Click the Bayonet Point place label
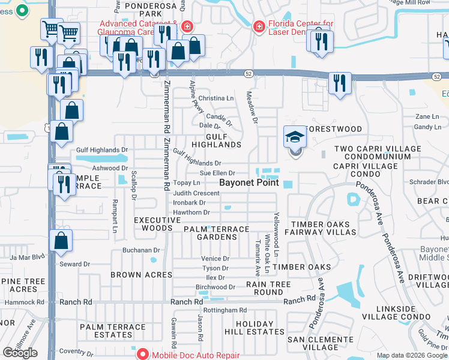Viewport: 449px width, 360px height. point(249,182)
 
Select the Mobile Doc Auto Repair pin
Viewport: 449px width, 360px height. point(142,354)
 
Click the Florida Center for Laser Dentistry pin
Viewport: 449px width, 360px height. point(259,26)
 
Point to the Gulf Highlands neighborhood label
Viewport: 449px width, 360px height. point(217,141)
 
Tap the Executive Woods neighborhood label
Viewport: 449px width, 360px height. point(157,224)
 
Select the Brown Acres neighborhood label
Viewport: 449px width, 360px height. point(141,275)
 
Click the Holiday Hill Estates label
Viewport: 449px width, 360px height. point(250,328)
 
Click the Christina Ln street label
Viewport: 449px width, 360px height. point(216,98)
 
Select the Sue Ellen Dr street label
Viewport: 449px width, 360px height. point(217,173)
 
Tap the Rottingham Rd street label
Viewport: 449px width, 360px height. point(225,310)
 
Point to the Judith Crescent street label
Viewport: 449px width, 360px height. point(196,193)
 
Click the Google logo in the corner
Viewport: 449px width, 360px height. point(20,353)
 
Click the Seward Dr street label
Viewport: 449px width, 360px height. point(74,264)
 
